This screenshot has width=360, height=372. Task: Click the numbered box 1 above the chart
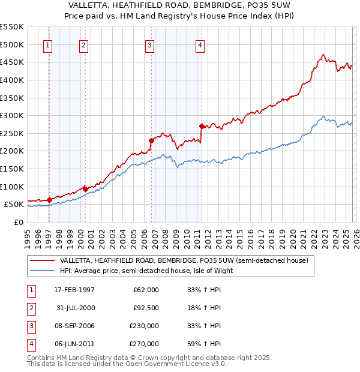click(x=47, y=44)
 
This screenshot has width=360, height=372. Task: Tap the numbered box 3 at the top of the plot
click(x=149, y=44)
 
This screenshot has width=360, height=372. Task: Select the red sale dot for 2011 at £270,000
click(x=202, y=126)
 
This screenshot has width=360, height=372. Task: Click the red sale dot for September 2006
click(x=151, y=140)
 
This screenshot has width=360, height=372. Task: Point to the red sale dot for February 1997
click(x=49, y=200)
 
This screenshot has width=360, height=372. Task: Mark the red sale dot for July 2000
click(x=86, y=189)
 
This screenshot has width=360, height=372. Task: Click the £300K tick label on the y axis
click(x=11, y=115)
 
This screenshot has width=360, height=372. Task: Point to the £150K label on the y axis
click(x=11, y=169)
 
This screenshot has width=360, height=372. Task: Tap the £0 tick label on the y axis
click(x=18, y=222)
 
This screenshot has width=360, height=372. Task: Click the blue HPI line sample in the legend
click(x=42, y=271)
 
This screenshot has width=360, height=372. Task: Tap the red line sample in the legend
click(x=42, y=260)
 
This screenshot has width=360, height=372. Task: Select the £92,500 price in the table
click(x=146, y=308)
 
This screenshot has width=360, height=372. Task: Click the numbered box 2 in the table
click(x=30, y=308)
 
